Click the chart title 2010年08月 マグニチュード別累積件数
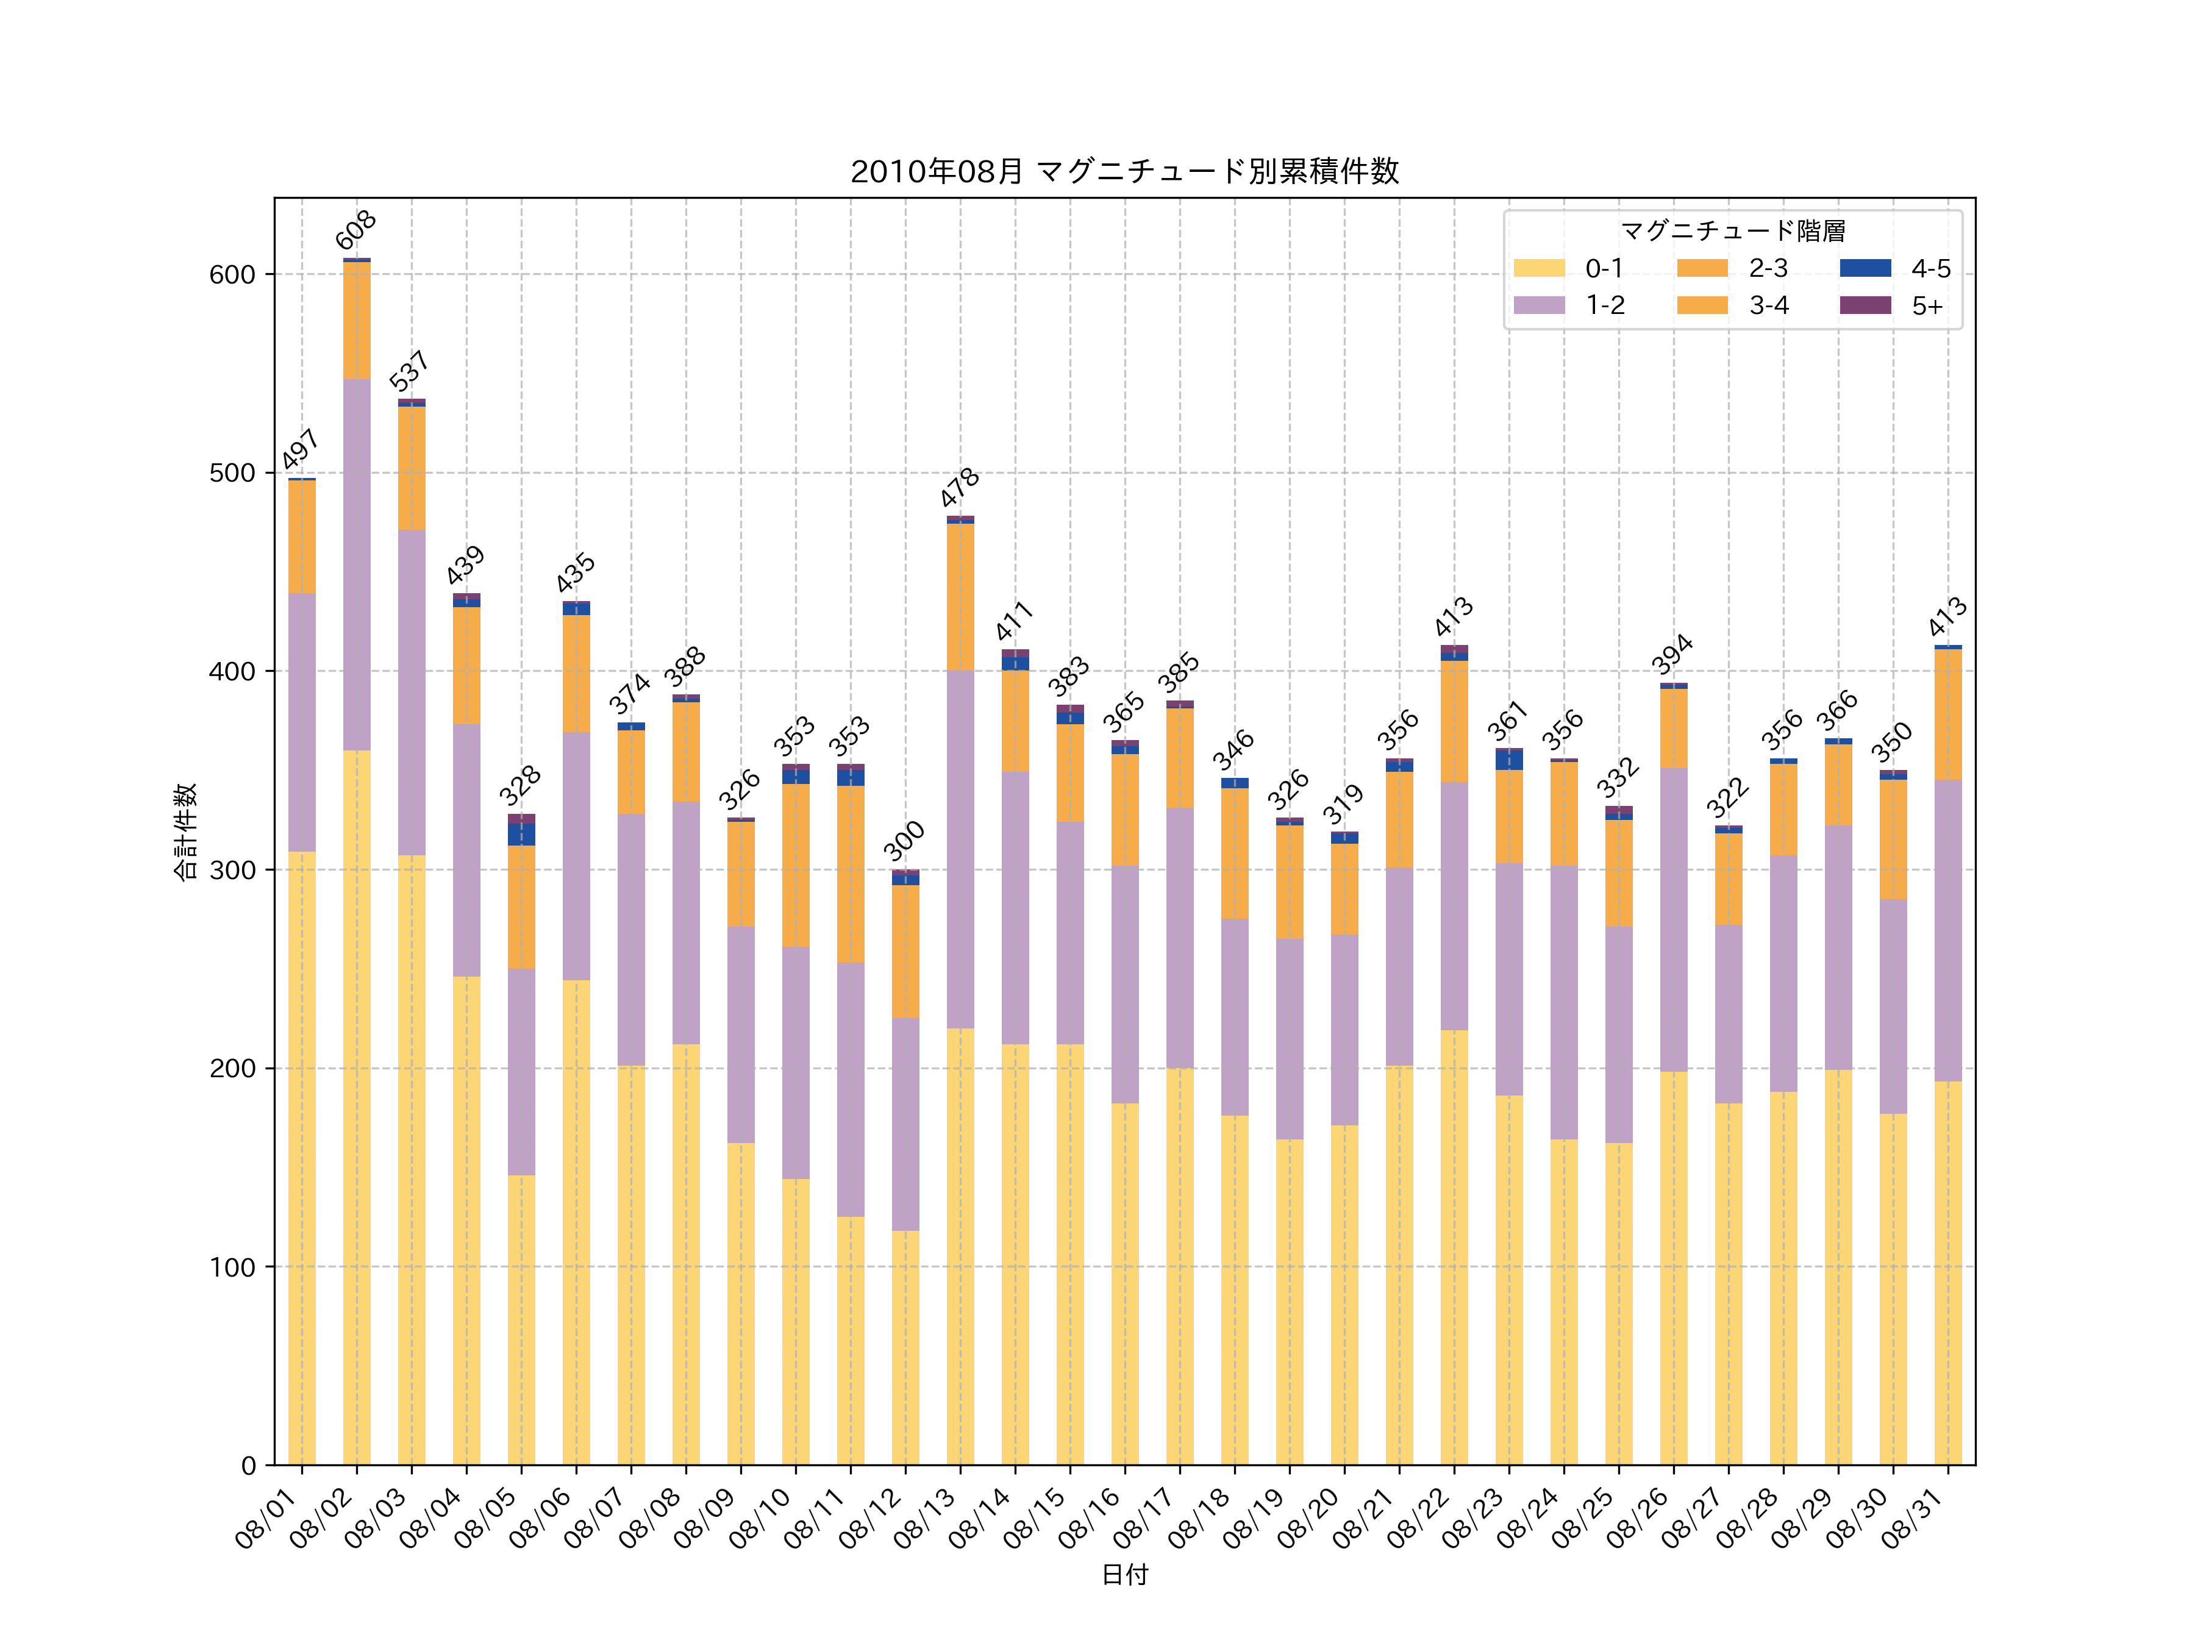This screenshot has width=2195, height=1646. coord(1124,172)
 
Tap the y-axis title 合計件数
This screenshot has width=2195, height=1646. coord(185,832)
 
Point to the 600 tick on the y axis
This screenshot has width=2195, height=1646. coord(232,275)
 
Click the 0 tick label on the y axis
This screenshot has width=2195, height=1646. coord(248,1466)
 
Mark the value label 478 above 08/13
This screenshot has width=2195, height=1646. coord(960,487)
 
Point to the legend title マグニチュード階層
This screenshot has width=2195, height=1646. coord(1733,231)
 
